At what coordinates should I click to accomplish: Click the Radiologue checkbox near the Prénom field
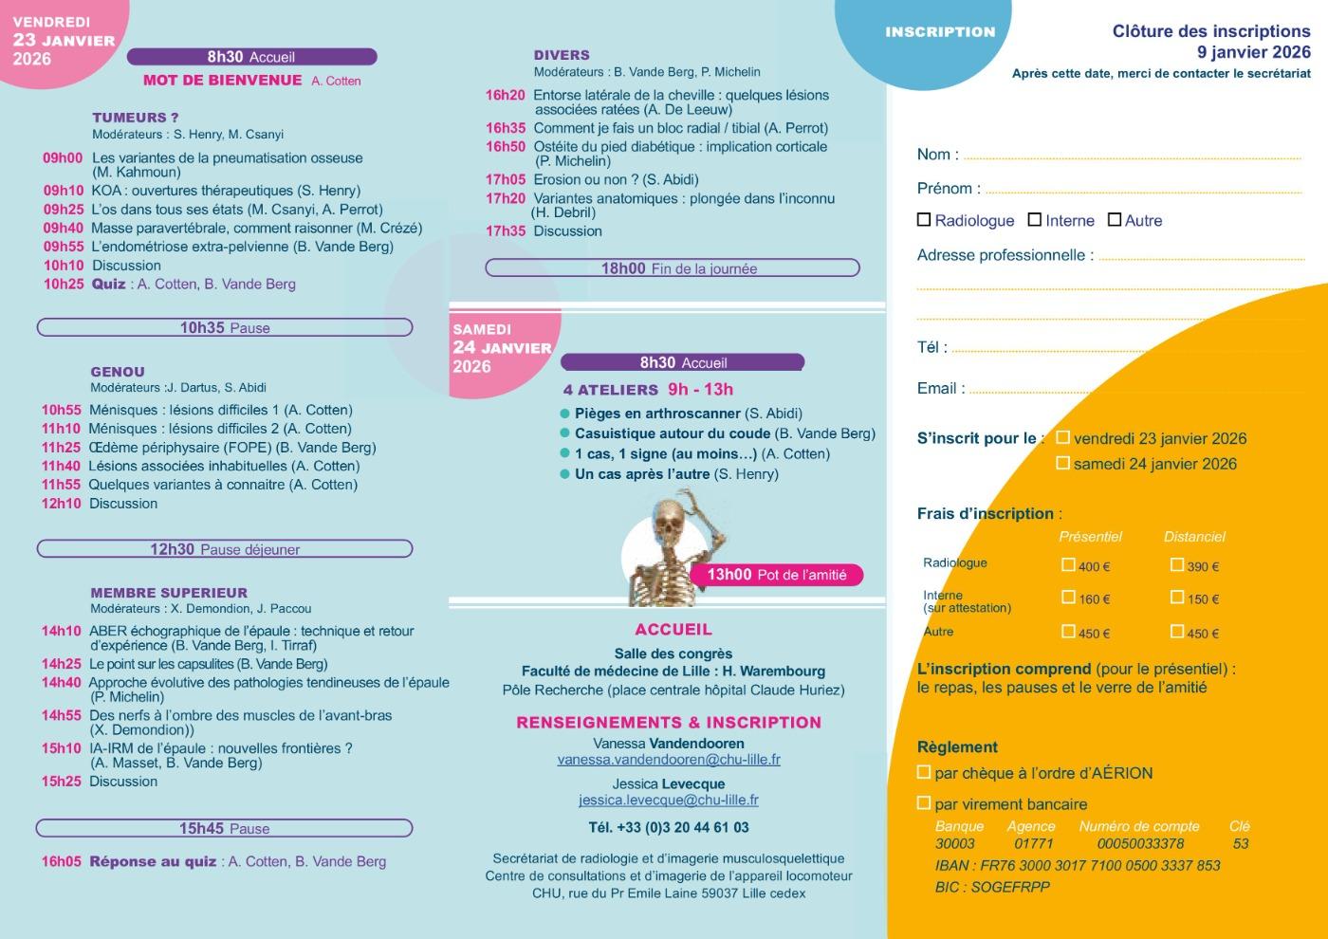click(x=924, y=220)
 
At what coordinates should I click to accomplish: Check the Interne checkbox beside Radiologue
click(x=1035, y=220)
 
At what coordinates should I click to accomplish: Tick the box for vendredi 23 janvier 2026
click(x=1063, y=437)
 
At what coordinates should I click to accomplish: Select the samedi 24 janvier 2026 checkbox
click(x=1063, y=463)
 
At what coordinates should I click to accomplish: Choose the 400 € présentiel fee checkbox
click(x=1069, y=565)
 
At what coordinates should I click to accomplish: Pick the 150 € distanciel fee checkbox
click(x=1177, y=598)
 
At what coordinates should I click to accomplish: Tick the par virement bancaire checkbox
click(x=924, y=803)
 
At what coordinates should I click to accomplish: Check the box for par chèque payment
click(x=924, y=772)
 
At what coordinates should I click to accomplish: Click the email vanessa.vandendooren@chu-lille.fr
click(x=669, y=760)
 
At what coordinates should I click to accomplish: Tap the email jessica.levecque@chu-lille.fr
click(x=669, y=801)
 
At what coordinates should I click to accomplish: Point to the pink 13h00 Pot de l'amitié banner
click(x=777, y=575)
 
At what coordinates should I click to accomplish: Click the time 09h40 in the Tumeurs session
click(x=63, y=229)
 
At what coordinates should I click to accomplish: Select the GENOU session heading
click(x=118, y=373)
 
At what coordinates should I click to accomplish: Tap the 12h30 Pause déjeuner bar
click(x=225, y=549)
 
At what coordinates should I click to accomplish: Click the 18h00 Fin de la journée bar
click(x=673, y=268)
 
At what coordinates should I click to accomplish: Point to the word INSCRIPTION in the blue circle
click(x=940, y=32)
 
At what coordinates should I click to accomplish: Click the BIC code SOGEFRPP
click(x=1011, y=888)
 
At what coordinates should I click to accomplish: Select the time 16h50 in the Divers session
click(x=506, y=147)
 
